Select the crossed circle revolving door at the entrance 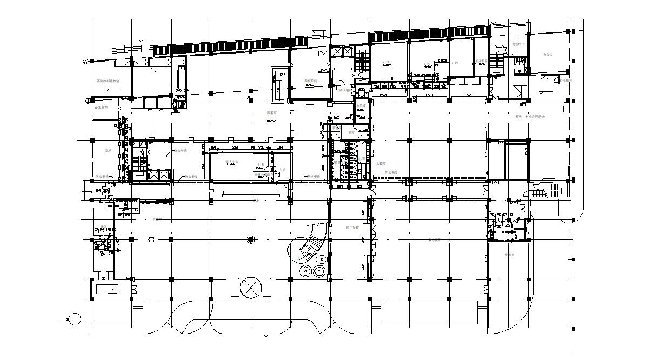(250, 288)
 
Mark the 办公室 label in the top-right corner (547, 55)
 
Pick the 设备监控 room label (102, 108)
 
